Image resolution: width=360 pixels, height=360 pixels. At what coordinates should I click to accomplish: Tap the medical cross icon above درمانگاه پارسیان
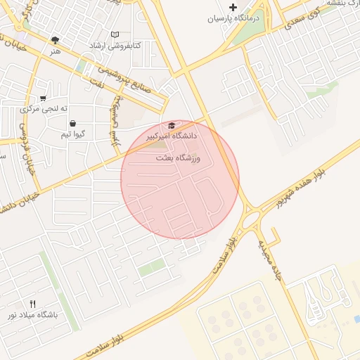coord(233,7)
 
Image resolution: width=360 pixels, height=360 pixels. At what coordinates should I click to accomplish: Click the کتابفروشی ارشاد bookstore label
coord(115,46)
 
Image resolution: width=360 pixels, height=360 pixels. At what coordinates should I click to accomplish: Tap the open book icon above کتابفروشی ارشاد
coord(115,34)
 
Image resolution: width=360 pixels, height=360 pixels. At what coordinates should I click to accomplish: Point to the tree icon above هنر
coord(56,40)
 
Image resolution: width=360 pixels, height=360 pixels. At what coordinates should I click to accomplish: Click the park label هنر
coord(56,51)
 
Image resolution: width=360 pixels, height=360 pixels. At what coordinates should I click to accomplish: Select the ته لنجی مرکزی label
coord(44,109)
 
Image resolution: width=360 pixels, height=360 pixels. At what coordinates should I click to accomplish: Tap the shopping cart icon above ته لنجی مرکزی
coord(44,98)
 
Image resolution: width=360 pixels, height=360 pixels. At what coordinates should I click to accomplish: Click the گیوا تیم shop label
coord(73,134)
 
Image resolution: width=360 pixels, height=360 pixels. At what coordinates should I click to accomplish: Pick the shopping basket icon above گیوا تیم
coord(73,123)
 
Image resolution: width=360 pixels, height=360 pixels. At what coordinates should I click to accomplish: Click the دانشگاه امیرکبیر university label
coord(172,134)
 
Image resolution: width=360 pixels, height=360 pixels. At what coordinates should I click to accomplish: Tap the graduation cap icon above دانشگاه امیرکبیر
coord(172,124)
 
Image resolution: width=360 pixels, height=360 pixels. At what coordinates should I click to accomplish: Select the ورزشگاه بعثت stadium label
coord(179,159)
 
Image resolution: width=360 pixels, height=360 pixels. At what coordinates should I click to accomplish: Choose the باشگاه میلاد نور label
coord(32,314)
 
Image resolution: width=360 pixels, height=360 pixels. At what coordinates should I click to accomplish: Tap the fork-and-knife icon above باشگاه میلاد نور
coord(32,303)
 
